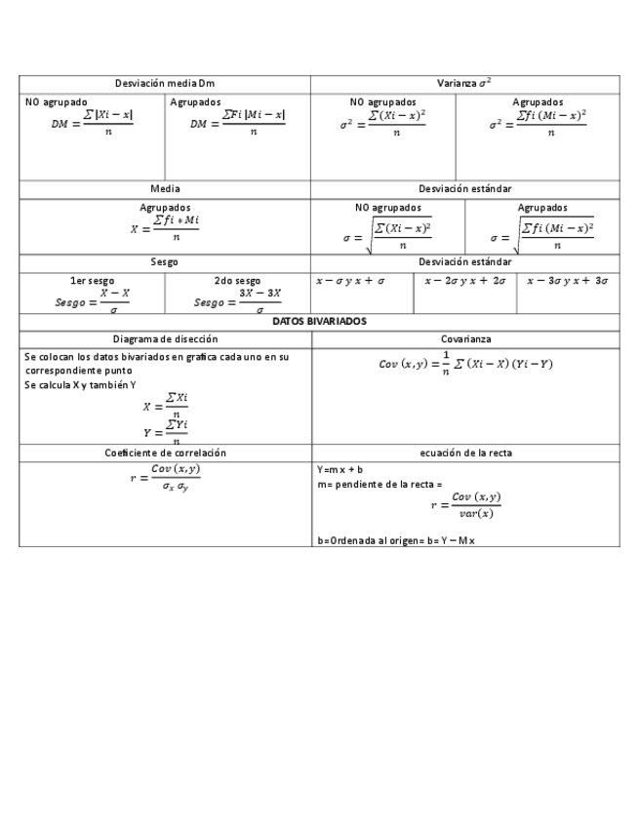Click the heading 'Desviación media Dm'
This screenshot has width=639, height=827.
pyautogui.click(x=164, y=84)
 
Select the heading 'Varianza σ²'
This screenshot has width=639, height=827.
pyautogui.click(x=463, y=84)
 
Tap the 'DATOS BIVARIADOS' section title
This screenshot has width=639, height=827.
pyautogui.click(x=319, y=321)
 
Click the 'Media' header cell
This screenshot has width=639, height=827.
pyautogui.click(x=164, y=188)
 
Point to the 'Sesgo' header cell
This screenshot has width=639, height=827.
pyautogui.click(x=164, y=262)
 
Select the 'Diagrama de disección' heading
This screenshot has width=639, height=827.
pyautogui.click(x=165, y=338)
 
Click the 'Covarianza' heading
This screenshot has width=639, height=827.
pyautogui.click(x=465, y=338)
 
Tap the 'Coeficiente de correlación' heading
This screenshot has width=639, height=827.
pyautogui.click(x=165, y=453)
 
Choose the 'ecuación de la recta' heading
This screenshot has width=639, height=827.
pyautogui.click(x=465, y=453)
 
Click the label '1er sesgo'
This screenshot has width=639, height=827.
pyautogui.click(x=92, y=281)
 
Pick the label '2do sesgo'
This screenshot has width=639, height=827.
pyautogui.click(x=237, y=281)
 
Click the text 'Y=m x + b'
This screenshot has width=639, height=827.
pyautogui.click(x=340, y=469)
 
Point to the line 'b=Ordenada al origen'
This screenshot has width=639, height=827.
pyautogui.click(x=396, y=539)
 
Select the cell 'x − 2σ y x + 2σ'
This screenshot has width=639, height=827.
pyautogui.click(x=464, y=281)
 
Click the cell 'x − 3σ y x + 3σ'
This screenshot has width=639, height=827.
pyautogui.click(x=567, y=281)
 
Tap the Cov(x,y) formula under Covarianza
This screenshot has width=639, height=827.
pyautogui.click(x=465, y=363)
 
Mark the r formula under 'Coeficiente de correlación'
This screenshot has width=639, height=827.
pyautogui.click(x=165, y=477)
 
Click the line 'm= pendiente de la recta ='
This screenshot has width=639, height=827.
pyautogui.click(x=379, y=484)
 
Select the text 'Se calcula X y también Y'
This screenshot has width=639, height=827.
pyautogui.click(x=80, y=385)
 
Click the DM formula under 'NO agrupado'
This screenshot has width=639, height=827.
pyautogui.click(x=93, y=123)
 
